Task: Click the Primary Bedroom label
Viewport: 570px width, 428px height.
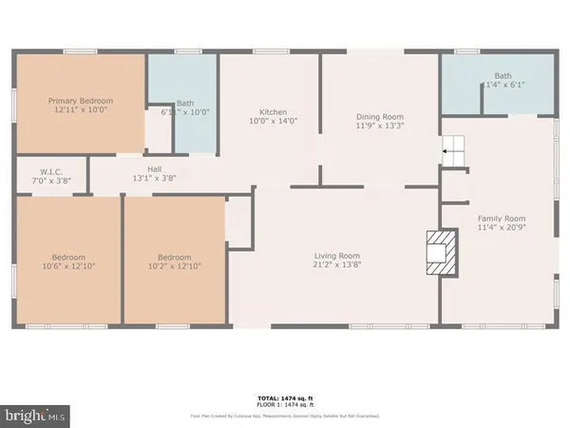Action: [x=81, y=101]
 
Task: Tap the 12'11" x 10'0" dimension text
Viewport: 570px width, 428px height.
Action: [x=81, y=111]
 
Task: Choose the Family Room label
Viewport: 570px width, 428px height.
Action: [x=501, y=218]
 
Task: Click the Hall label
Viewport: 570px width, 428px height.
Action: [x=153, y=167]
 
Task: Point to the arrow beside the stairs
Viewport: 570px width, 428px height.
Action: [x=443, y=149]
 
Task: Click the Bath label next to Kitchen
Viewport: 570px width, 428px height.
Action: [x=185, y=104]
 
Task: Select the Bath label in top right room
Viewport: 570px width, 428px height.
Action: [x=502, y=76]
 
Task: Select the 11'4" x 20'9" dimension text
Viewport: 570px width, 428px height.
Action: [x=501, y=228]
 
